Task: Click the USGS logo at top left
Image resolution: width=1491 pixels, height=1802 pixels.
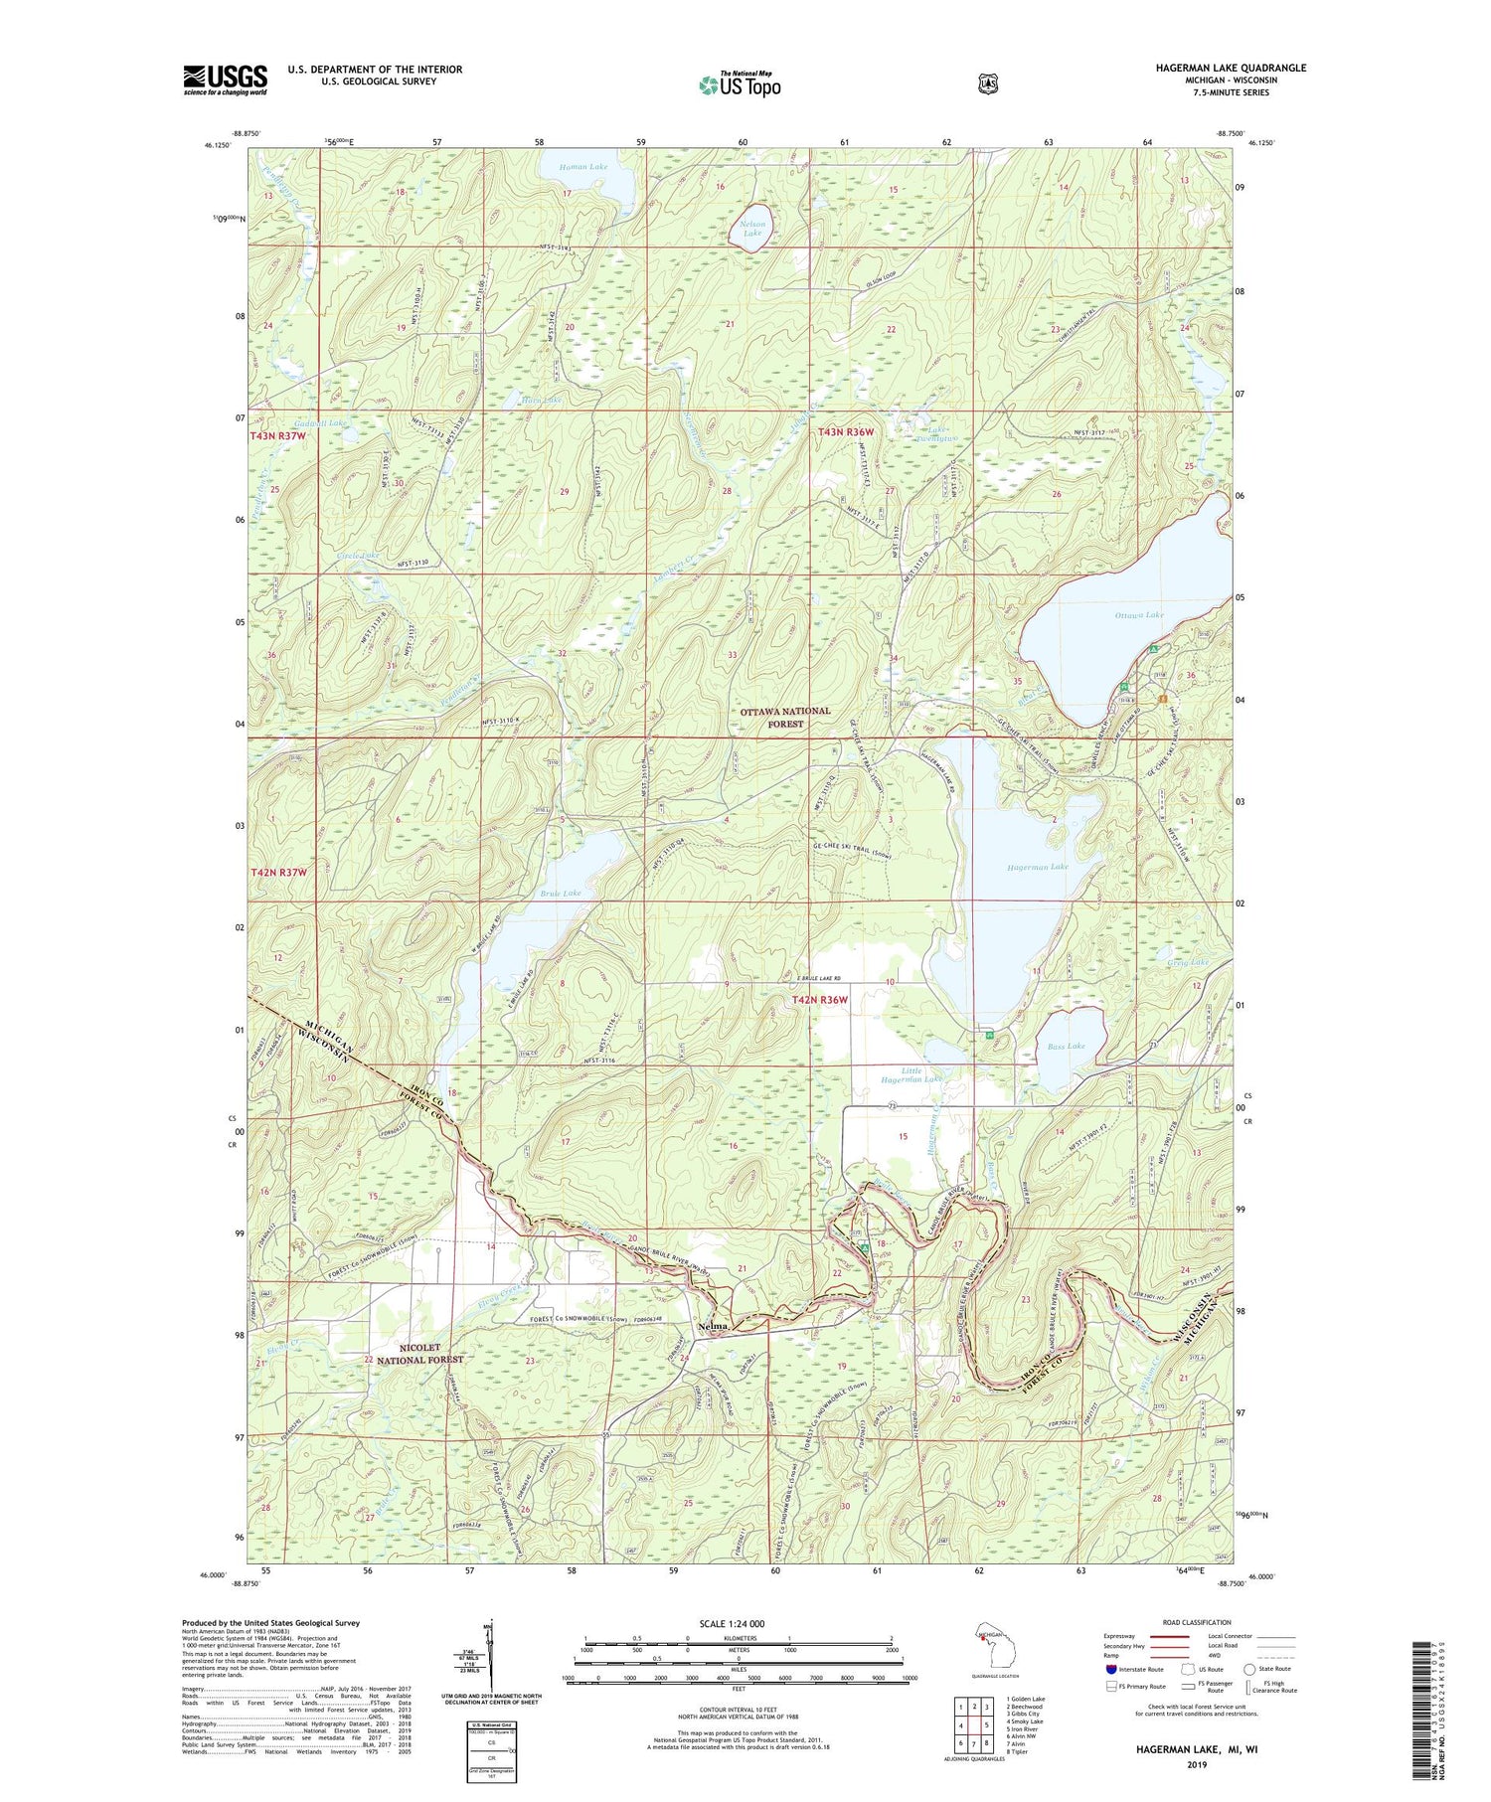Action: (x=225, y=80)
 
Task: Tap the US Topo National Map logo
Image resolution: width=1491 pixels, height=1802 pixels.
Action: (x=740, y=84)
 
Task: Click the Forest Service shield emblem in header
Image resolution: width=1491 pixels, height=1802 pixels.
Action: (x=987, y=84)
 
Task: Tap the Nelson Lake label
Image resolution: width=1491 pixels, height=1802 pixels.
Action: (x=752, y=229)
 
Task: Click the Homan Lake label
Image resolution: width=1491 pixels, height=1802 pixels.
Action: (x=582, y=167)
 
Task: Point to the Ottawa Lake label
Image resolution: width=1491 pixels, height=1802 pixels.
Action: (x=1138, y=615)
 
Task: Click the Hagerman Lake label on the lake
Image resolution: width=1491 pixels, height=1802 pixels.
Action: (x=1038, y=867)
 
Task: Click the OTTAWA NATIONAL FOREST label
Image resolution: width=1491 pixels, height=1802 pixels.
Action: (x=784, y=717)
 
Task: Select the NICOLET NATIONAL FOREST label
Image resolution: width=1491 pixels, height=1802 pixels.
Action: (x=418, y=1353)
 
